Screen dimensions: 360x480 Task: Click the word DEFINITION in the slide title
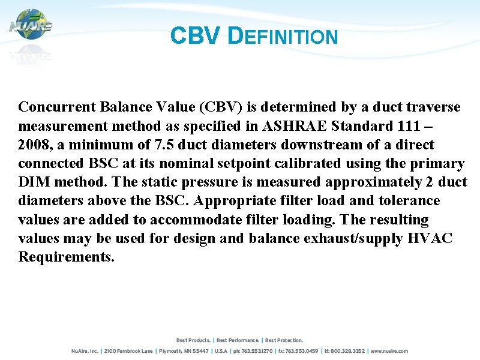click(x=284, y=37)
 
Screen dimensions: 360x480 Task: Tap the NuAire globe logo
click(x=30, y=25)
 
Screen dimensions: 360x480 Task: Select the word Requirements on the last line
click(x=66, y=257)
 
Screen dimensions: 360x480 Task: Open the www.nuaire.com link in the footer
click(x=389, y=351)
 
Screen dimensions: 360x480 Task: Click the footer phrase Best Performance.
click(x=238, y=340)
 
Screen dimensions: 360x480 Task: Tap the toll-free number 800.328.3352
click(x=346, y=351)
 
